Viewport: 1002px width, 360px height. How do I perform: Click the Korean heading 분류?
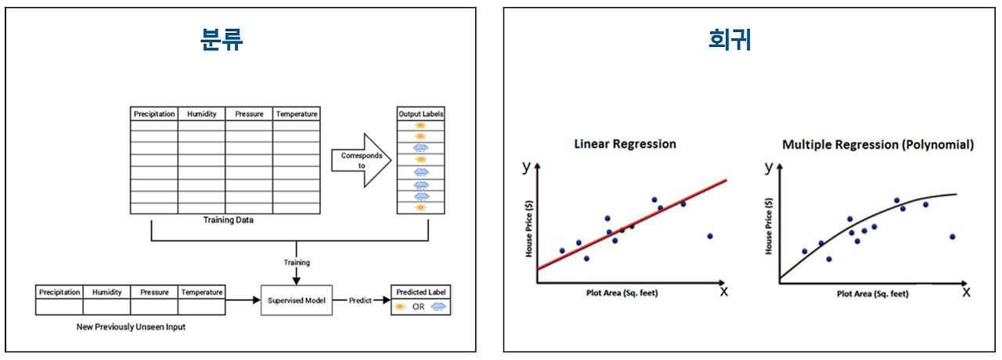222,40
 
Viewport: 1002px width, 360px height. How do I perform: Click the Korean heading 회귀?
729,40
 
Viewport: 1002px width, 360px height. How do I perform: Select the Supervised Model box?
296,300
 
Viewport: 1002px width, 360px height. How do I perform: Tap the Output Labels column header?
420,113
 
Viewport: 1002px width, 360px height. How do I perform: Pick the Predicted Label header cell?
420,292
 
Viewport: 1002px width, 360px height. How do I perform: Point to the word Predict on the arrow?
360,300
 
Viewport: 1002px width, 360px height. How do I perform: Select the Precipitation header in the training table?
154,113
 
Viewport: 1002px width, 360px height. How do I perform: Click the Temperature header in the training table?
296,113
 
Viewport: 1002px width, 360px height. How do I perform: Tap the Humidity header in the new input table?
106,292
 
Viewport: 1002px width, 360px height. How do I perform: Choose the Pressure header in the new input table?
154,292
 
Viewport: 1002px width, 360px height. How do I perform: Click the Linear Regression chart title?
625,144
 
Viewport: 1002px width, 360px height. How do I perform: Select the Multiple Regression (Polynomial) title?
878,145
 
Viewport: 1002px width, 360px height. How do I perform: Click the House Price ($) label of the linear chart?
529,228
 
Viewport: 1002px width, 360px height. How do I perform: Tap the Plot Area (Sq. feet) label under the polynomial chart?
872,293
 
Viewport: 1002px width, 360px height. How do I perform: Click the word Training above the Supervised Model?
296,262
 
